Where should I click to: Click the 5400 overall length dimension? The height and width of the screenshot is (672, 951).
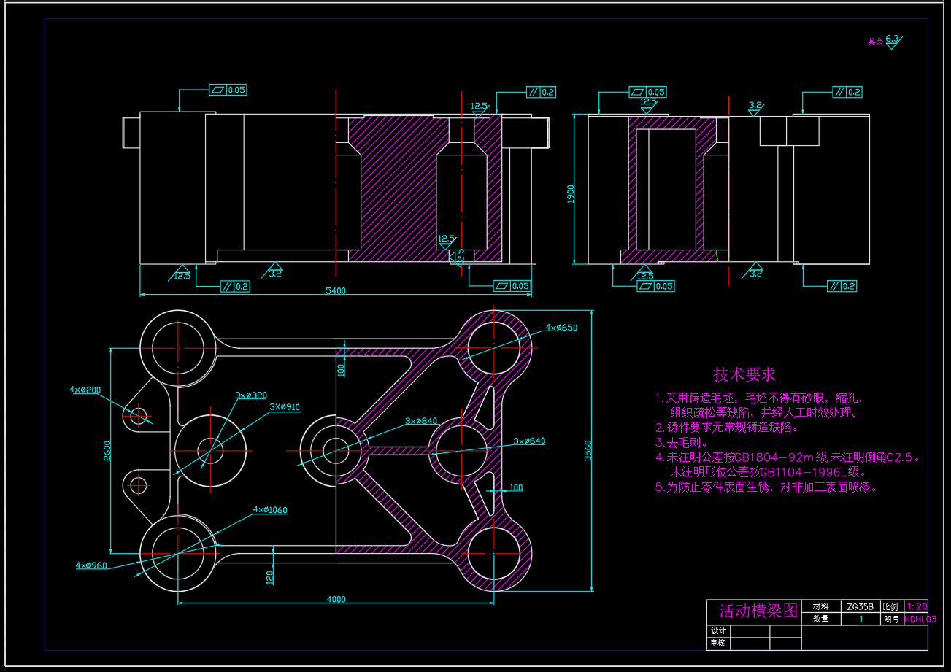coord(336,290)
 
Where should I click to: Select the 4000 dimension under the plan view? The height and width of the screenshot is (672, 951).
coord(336,599)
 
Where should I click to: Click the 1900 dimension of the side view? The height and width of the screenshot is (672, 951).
coord(571,193)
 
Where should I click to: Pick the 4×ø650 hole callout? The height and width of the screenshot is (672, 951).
coord(561,328)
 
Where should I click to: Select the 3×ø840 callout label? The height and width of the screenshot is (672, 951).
coord(421,421)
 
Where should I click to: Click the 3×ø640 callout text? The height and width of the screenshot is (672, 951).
coord(529,441)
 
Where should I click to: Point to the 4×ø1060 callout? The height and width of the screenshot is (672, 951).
coord(270,510)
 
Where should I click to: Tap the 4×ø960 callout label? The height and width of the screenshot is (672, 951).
coord(91,565)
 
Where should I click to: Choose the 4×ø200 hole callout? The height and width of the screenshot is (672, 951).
coord(85,390)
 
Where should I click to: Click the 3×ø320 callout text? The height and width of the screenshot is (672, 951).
coord(251,395)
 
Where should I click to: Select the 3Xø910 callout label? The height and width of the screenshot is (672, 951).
coord(285,407)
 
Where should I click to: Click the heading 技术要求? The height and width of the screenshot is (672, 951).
coord(744,375)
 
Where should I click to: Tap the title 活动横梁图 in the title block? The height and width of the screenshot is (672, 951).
coord(758,611)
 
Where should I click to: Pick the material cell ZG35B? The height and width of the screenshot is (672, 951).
coord(860,606)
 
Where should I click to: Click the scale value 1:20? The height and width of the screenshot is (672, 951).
coord(916,606)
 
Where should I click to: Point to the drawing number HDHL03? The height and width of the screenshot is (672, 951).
coord(919,619)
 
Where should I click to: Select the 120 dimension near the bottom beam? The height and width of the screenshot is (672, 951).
coord(270,577)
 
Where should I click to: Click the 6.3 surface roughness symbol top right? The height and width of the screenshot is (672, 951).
coord(893,39)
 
